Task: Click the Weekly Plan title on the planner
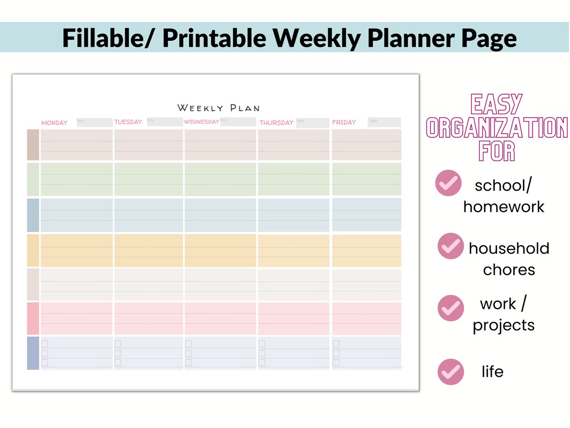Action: (218, 108)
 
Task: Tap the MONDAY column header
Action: (54, 123)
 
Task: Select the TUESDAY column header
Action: (128, 122)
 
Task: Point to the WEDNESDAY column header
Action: (201, 122)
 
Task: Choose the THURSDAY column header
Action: (276, 123)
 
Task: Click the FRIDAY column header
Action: (344, 123)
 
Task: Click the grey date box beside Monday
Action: (94, 122)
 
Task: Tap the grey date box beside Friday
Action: (385, 122)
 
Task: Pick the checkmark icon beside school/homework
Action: (449, 183)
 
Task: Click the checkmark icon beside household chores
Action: (450, 246)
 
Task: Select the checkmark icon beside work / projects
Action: (451, 308)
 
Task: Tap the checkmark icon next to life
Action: (451, 371)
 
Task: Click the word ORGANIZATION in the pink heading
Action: (497, 128)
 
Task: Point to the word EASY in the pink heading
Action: (497, 105)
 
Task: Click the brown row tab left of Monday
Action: (33, 145)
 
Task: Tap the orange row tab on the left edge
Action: (33, 250)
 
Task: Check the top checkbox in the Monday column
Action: (45, 344)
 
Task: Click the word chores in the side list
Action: (509, 269)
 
